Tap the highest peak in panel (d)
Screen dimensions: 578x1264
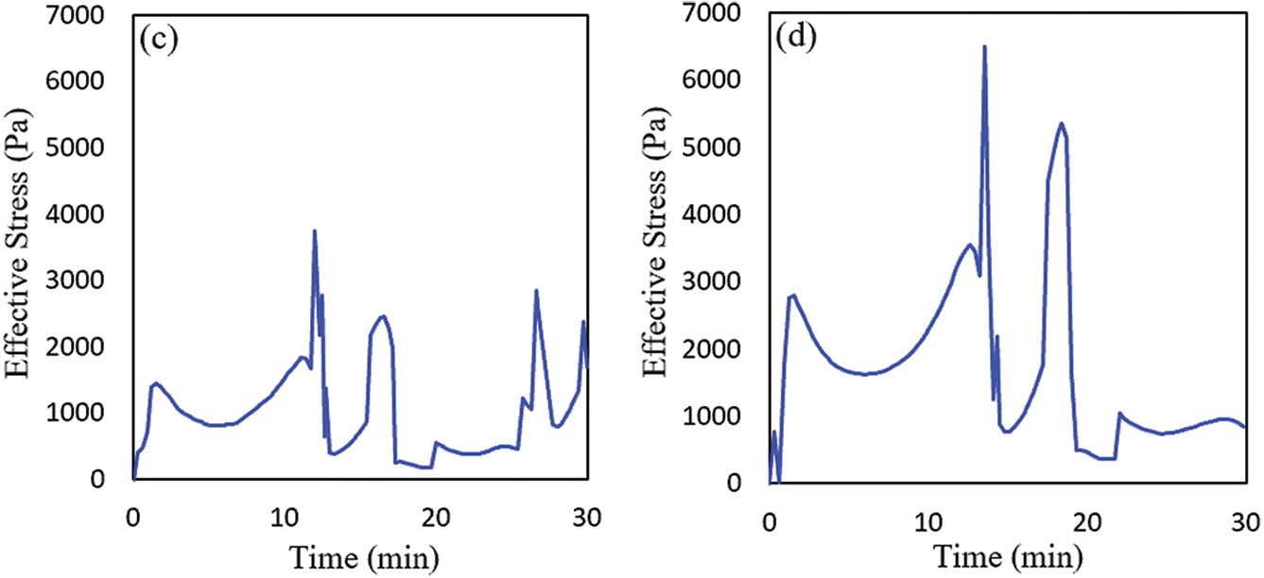point(984,46)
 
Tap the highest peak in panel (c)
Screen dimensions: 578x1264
point(314,230)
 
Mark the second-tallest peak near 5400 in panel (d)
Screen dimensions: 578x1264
point(1062,124)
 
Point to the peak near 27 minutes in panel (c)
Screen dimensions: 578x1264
point(536,291)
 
